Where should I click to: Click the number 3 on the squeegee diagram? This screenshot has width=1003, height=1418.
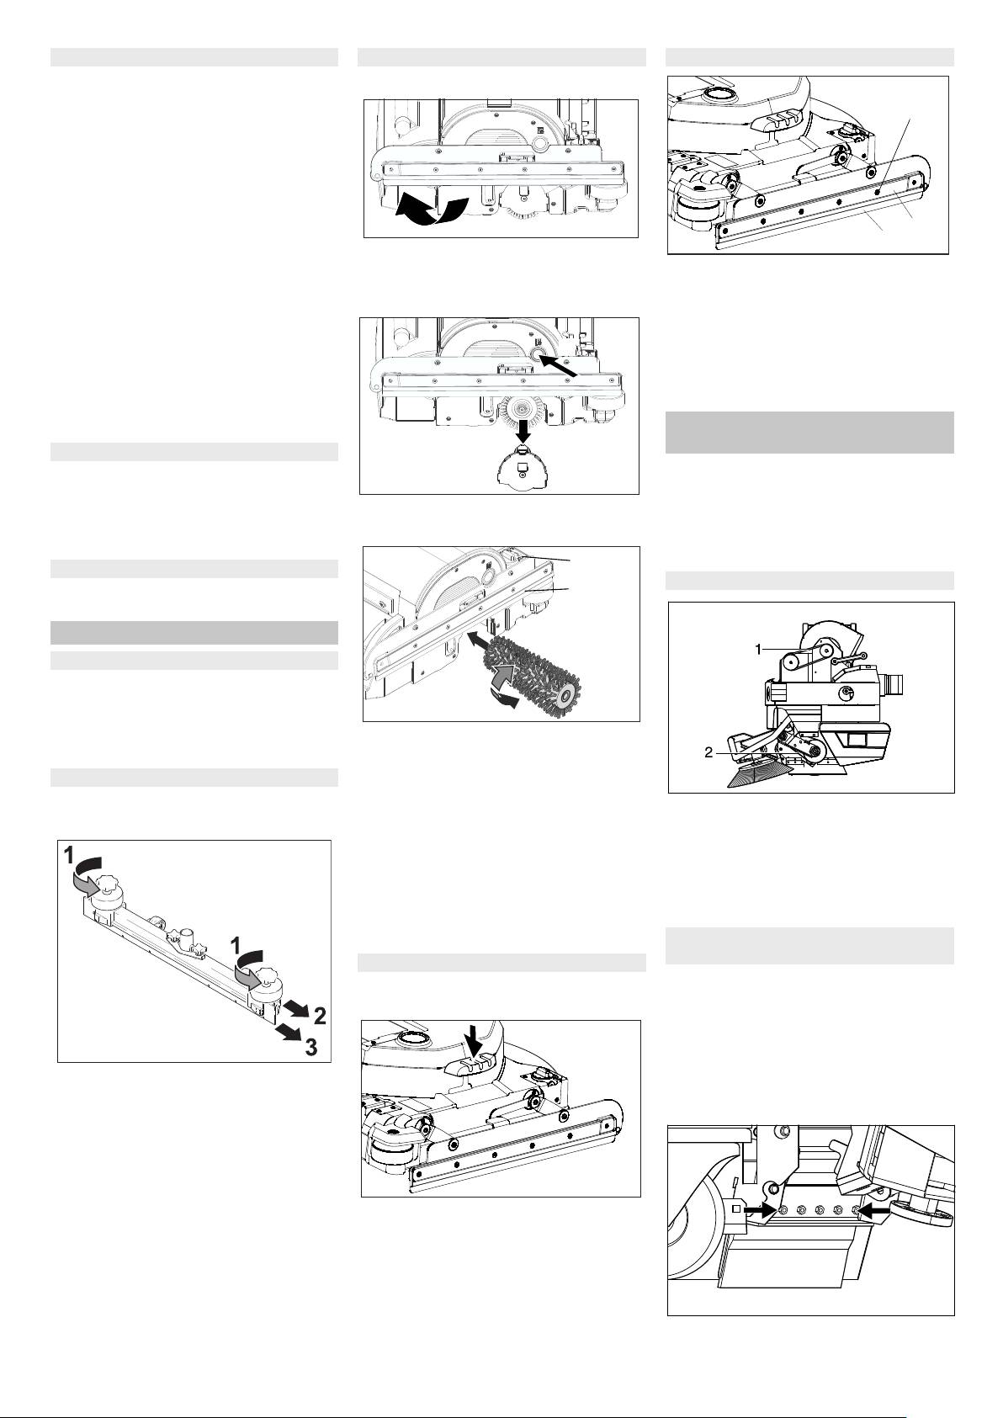[310, 1048]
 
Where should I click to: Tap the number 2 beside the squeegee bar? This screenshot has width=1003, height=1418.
[320, 1016]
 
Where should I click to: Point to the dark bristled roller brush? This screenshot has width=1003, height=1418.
[532, 673]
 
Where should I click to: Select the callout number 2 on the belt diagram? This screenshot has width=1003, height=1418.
[709, 752]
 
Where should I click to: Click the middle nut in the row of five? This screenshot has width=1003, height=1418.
[820, 1210]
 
